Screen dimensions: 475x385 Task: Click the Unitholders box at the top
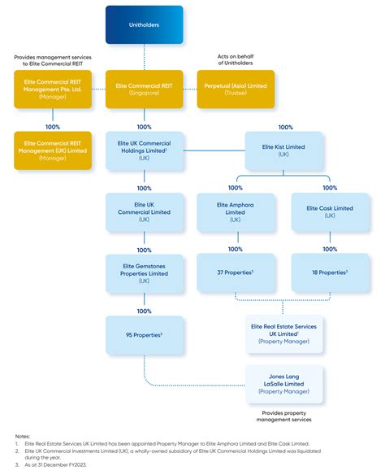coord(145,25)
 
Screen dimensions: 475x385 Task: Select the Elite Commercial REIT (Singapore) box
coord(145,89)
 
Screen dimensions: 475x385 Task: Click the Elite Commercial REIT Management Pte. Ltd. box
coord(53,89)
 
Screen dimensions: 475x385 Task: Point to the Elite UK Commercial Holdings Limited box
coord(145,151)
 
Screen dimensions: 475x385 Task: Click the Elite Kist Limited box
coord(285,151)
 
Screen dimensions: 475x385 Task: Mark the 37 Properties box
coord(236,272)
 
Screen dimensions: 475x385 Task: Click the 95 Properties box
coord(145,334)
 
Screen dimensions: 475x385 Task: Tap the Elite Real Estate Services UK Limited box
coord(284,334)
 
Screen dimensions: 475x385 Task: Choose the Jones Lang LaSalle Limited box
coord(284,384)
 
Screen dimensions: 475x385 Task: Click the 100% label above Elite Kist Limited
coord(285,127)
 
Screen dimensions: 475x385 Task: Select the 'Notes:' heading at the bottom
coord(23,436)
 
